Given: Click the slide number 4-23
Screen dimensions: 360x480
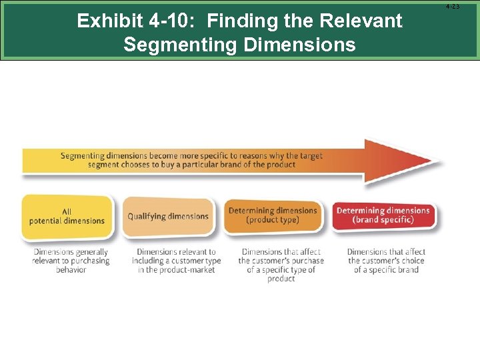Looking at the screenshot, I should click(452, 7).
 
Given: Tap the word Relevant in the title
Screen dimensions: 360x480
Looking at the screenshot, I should click(362, 21).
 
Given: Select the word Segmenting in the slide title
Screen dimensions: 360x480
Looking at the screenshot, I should click(177, 45).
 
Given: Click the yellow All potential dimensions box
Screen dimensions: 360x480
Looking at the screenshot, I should click(67, 216).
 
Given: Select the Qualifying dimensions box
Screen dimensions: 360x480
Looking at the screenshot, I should click(168, 216).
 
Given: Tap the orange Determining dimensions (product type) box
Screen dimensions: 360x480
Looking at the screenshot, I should click(273, 215).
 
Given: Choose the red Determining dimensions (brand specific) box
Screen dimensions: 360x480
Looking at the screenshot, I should click(383, 215).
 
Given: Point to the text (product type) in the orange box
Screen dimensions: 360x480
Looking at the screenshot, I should click(273, 220).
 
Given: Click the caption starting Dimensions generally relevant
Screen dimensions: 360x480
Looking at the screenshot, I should click(71, 261).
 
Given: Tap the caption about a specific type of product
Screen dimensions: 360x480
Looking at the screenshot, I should click(281, 265).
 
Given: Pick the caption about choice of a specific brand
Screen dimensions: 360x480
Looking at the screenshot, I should click(386, 261).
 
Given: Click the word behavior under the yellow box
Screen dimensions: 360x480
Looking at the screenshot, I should click(71, 270).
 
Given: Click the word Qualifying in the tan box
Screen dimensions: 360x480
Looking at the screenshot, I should click(147, 216).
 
